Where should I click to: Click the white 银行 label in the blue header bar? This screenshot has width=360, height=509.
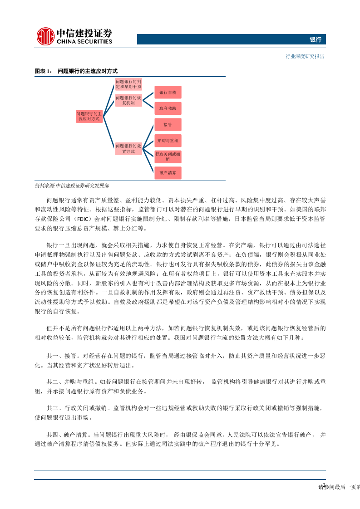(316, 40)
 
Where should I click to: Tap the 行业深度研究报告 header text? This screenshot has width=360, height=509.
(305, 57)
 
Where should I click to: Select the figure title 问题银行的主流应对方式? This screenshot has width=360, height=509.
(88, 72)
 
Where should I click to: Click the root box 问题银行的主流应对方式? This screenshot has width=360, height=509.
(89, 116)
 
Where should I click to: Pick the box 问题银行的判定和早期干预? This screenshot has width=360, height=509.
(128, 83)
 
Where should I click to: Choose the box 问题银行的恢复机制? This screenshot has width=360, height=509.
(128, 100)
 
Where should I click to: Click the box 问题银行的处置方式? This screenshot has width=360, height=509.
(128, 149)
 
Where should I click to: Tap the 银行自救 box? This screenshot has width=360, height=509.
(168, 92)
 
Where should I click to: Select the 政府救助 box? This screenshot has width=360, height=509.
(168, 109)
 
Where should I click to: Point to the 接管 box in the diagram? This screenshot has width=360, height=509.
(168, 124)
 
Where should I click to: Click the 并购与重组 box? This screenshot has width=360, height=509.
(168, 141)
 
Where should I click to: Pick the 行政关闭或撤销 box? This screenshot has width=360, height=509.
(168, 157)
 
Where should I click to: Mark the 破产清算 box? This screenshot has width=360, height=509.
(168, 173)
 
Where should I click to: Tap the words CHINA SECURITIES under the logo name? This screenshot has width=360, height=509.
(84, 42)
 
